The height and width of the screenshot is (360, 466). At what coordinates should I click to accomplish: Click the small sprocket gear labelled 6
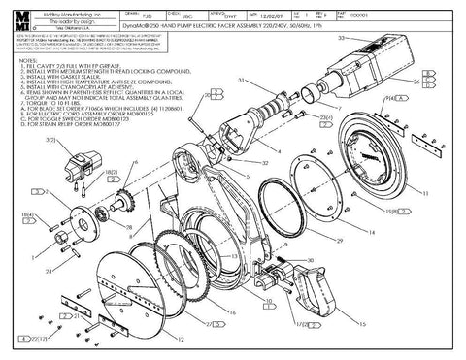click(x=123, y=204)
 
